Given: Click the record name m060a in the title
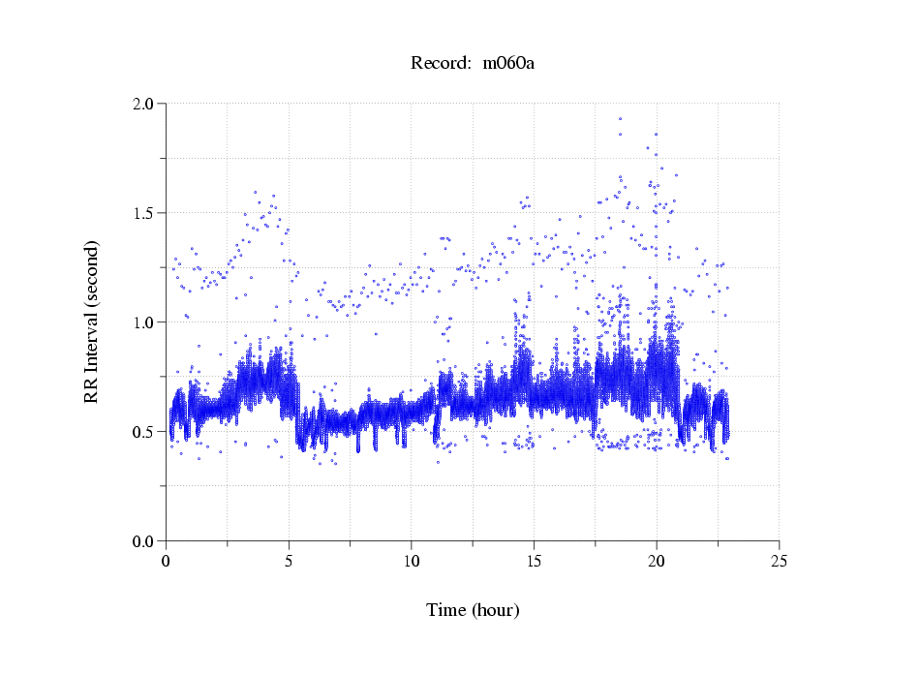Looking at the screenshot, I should [x=508, y=64].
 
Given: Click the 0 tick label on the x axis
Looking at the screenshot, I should [x=167, y=561].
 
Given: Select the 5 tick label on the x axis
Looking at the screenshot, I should [x=289, y=561].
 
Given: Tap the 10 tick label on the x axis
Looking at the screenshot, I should [x=412, y=561].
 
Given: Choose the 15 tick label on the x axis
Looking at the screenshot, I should [x=534, y=561].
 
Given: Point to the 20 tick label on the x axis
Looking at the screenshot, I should [x=657, y=561].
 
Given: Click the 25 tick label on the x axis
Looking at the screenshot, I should [x=779, y=561].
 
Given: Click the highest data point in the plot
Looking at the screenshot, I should [x=620, y=119].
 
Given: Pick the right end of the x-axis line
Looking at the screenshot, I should [x=779, y=541].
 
